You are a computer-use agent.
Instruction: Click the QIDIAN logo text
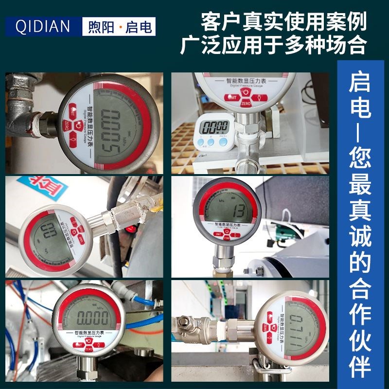click(43, 26)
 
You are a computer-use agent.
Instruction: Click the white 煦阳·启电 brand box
click(119, 26)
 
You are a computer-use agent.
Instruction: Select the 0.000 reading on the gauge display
click(88, 318)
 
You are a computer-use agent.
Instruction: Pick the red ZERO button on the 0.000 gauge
click(88, 349)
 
